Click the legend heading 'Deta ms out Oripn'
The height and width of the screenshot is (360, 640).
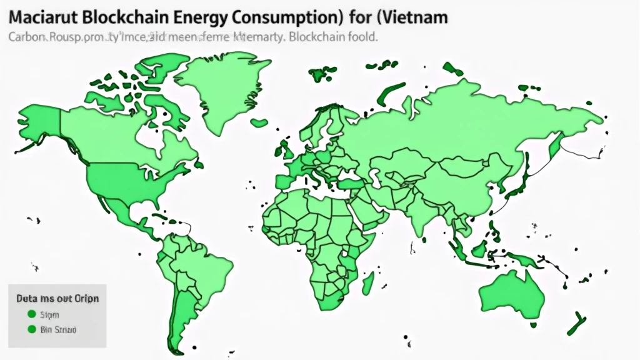[57, 298]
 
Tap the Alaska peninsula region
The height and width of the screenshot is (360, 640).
[37, 125]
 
